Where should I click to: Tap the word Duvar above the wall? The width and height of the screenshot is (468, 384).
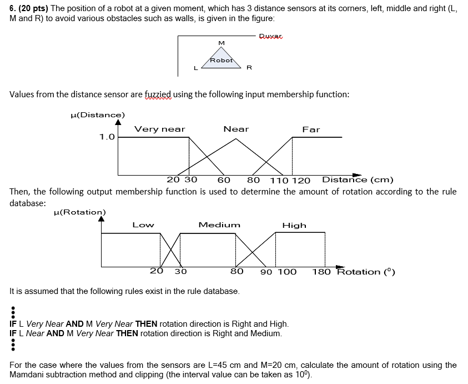coord(271,36)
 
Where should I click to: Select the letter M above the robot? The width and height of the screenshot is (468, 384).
coord(222,43)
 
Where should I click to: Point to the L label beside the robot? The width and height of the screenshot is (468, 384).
coord(195,68)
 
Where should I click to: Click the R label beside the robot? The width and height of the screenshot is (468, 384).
coord(249,68)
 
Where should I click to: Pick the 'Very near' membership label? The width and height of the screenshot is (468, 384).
coord(160,129)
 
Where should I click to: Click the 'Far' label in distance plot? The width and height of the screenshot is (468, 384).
coord(311,129)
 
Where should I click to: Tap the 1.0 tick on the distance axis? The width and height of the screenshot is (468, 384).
coord(107,137)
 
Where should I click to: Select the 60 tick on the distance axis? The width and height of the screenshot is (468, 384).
coord(224,180)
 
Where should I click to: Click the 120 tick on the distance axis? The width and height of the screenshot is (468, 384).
coord(301,180)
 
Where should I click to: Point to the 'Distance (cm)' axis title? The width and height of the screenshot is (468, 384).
coord(358,179)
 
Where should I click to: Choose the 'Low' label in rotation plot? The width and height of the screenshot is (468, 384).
coord(143,225)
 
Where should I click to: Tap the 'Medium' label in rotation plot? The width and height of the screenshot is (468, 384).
coord(219,225)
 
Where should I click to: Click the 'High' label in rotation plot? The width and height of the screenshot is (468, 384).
coord(294,225)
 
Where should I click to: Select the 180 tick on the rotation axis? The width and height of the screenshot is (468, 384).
coord(321,272)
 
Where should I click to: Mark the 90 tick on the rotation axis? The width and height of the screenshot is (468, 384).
coord(266,272)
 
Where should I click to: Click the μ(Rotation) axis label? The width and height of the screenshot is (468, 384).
coord(79,212)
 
